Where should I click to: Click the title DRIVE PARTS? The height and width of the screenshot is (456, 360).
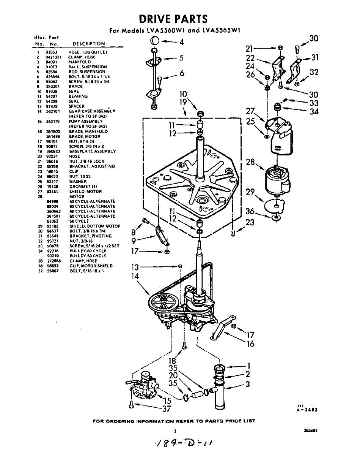click(x=173, y=19)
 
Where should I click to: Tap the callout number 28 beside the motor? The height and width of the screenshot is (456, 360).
click(x=250, y=162)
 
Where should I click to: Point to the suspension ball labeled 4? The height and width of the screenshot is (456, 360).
click(x=155, y=41)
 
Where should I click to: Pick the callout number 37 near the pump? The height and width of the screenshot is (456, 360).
click(x=166, y=409)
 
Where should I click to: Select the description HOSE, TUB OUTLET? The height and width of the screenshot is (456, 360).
click(x=88, y=52)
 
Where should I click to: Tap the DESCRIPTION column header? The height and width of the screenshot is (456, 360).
click(x=89, y=44)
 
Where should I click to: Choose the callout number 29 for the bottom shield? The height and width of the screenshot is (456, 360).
click(x=250, y=192)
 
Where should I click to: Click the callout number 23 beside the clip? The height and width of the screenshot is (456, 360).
click(x=250, y=223)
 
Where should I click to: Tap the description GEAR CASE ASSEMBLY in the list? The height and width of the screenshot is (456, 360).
click(x=92, y=111)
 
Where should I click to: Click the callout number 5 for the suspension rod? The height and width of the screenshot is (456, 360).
click(x=181, y=58)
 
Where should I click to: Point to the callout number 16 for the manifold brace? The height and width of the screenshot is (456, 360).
click(x=251, y=344)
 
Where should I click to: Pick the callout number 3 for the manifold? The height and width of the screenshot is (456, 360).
click(x=247, y=384)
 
